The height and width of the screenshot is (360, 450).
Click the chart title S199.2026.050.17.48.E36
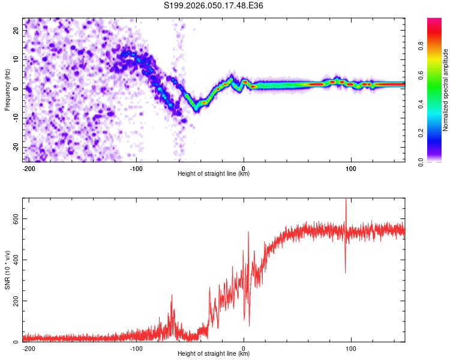[x=214, y=5]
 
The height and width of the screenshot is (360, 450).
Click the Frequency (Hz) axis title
[x=7, y=89]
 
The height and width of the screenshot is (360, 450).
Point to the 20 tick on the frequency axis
[x=16, y=30]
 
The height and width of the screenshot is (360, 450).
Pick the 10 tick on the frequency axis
[x=16, y=59]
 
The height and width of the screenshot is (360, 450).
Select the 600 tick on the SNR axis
[x=13, y=219]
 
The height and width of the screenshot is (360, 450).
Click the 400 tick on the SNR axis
[x=13, y=260]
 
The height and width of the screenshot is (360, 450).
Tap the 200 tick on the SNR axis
[x=13, y=301]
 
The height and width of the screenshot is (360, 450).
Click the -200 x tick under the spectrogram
[x=28, y=167]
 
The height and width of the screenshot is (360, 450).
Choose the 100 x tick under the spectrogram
[x=351, y=167]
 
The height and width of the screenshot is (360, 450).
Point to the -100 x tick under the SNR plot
[x=136, y=347]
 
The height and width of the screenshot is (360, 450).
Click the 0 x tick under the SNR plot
[x=244, y=347]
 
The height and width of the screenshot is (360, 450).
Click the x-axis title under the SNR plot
[x=214, y=354]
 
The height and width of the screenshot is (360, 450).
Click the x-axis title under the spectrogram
[x=214, y=174]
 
